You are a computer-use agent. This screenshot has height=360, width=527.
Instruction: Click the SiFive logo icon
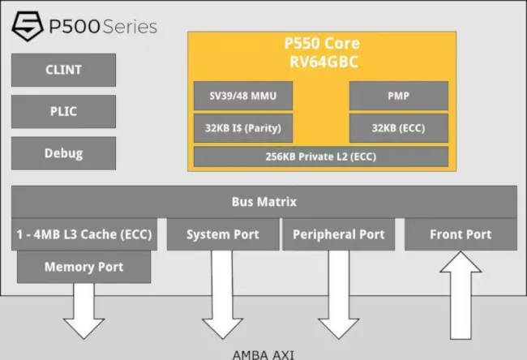point(28,26)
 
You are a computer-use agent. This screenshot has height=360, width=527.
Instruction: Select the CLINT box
point(63,70)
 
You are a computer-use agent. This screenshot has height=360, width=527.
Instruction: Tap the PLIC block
point(63,111)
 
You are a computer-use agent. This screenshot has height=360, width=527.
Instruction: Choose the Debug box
point(63,153)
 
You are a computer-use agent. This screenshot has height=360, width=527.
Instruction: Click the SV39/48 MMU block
point(243,96)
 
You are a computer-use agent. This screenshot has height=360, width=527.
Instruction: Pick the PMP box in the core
point(399,96)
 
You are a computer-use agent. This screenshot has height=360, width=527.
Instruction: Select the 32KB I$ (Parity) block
point(243,128)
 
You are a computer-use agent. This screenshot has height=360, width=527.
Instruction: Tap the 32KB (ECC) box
point(399,128)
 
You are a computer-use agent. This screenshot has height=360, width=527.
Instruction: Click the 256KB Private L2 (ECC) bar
point(321,156)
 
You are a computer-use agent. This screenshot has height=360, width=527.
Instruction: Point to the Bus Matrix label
point(264,202)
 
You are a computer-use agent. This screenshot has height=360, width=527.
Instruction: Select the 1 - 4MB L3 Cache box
point(84,234)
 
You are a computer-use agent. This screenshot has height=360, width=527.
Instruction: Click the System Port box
point(223,234)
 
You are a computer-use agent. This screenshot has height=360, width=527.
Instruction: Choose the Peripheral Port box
point(338,234)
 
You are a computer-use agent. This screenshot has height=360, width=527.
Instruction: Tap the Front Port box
point(461,234)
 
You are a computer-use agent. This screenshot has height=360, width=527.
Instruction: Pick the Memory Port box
point(84,267)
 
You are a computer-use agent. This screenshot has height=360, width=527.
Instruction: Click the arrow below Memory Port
point(84,311)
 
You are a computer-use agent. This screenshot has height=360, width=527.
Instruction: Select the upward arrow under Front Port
point(461,295)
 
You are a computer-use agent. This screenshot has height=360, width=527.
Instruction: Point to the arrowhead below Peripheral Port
point(338,328)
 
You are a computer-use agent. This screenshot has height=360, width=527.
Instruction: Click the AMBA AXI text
point(263,355)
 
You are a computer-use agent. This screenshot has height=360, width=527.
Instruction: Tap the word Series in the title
point(130,27)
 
